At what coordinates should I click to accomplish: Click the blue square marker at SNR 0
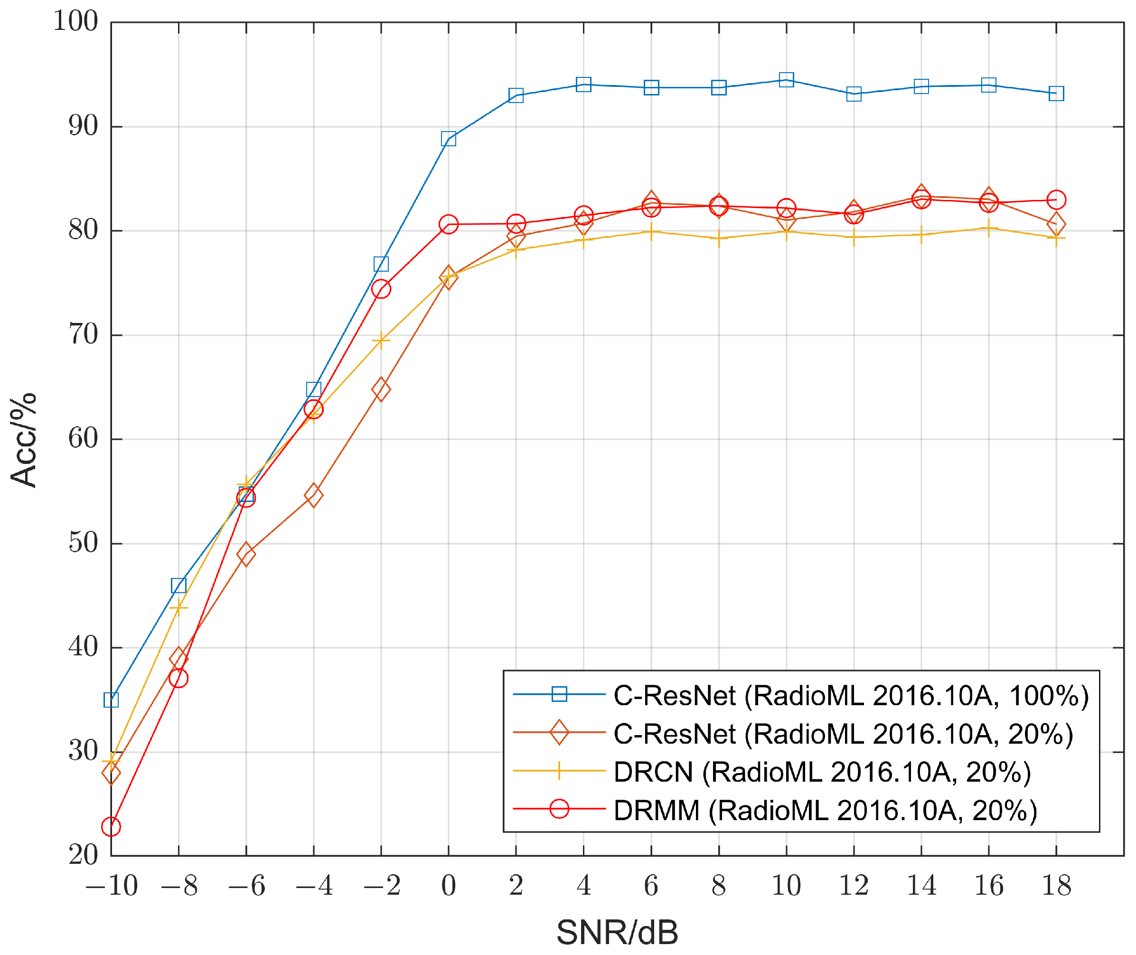point(448,139)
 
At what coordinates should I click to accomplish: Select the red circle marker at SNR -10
point(111,827)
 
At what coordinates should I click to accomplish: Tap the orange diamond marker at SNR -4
point(313,495)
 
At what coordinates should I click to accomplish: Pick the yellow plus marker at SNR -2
point(381,340)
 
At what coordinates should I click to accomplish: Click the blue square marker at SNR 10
point(786,80)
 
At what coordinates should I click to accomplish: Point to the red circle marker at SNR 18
point(1056,200)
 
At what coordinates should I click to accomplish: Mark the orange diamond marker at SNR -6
point(246,554)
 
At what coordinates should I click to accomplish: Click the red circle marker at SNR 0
point(448,224)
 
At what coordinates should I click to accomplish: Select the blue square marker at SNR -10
point(111,700)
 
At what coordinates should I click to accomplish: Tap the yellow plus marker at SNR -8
point(178,608)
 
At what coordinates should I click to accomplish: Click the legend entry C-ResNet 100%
point(850,696)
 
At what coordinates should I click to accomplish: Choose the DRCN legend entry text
point(822,772)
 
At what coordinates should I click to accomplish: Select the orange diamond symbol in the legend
point(559,733)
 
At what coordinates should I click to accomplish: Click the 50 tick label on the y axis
point(83,543)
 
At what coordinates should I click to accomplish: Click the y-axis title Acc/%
point(23,440)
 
